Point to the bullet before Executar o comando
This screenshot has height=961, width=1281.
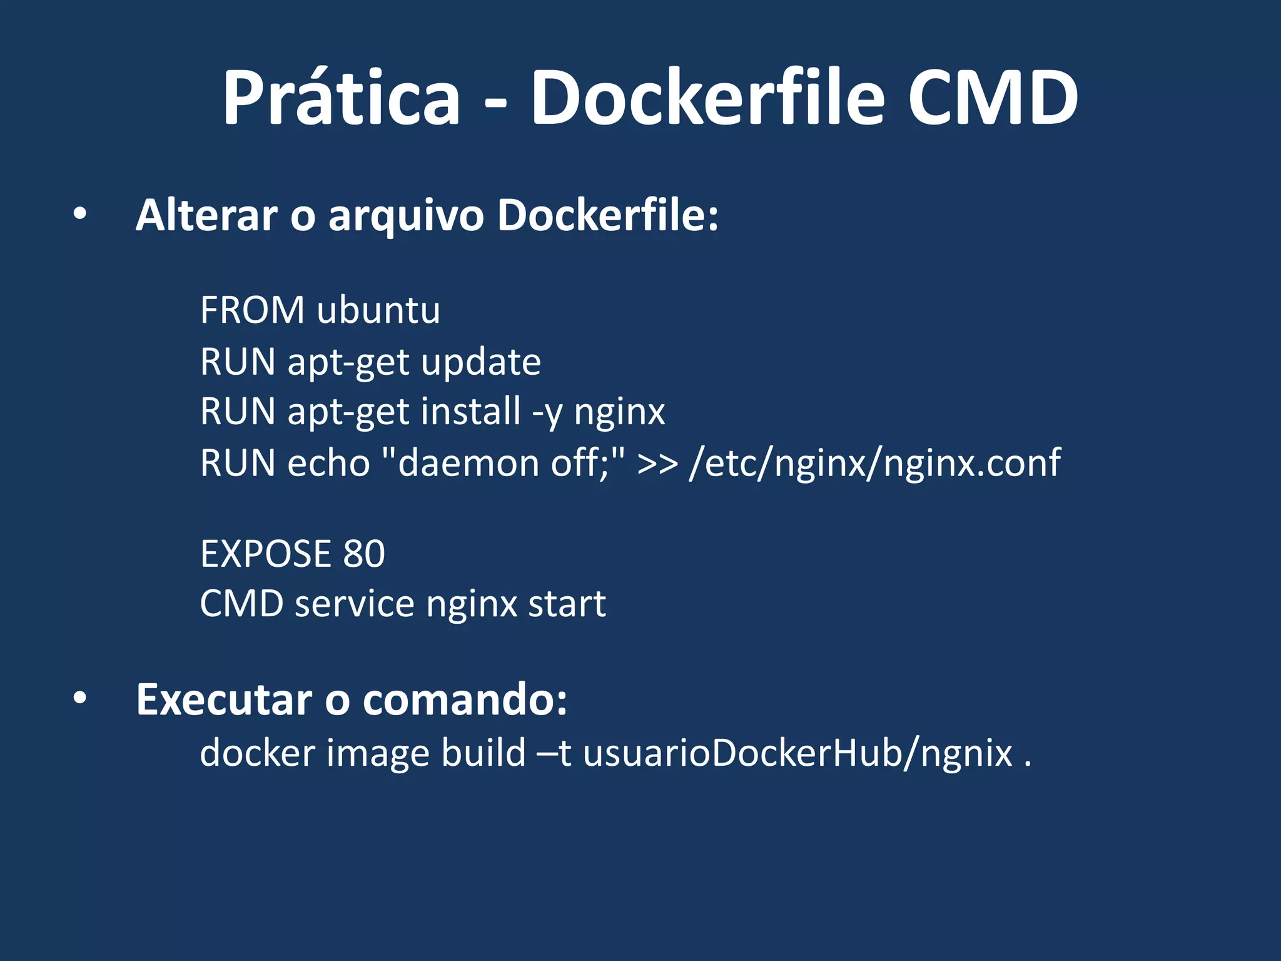point(79,699)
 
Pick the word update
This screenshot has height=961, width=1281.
point(480,362)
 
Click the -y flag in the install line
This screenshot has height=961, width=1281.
point(547,413)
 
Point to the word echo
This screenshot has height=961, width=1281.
point(328,463)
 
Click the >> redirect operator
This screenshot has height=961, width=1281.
point(657,464)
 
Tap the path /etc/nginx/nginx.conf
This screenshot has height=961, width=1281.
point(874,464)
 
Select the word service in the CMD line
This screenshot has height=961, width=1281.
point(354,604)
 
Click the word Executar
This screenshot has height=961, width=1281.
point(224,699)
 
